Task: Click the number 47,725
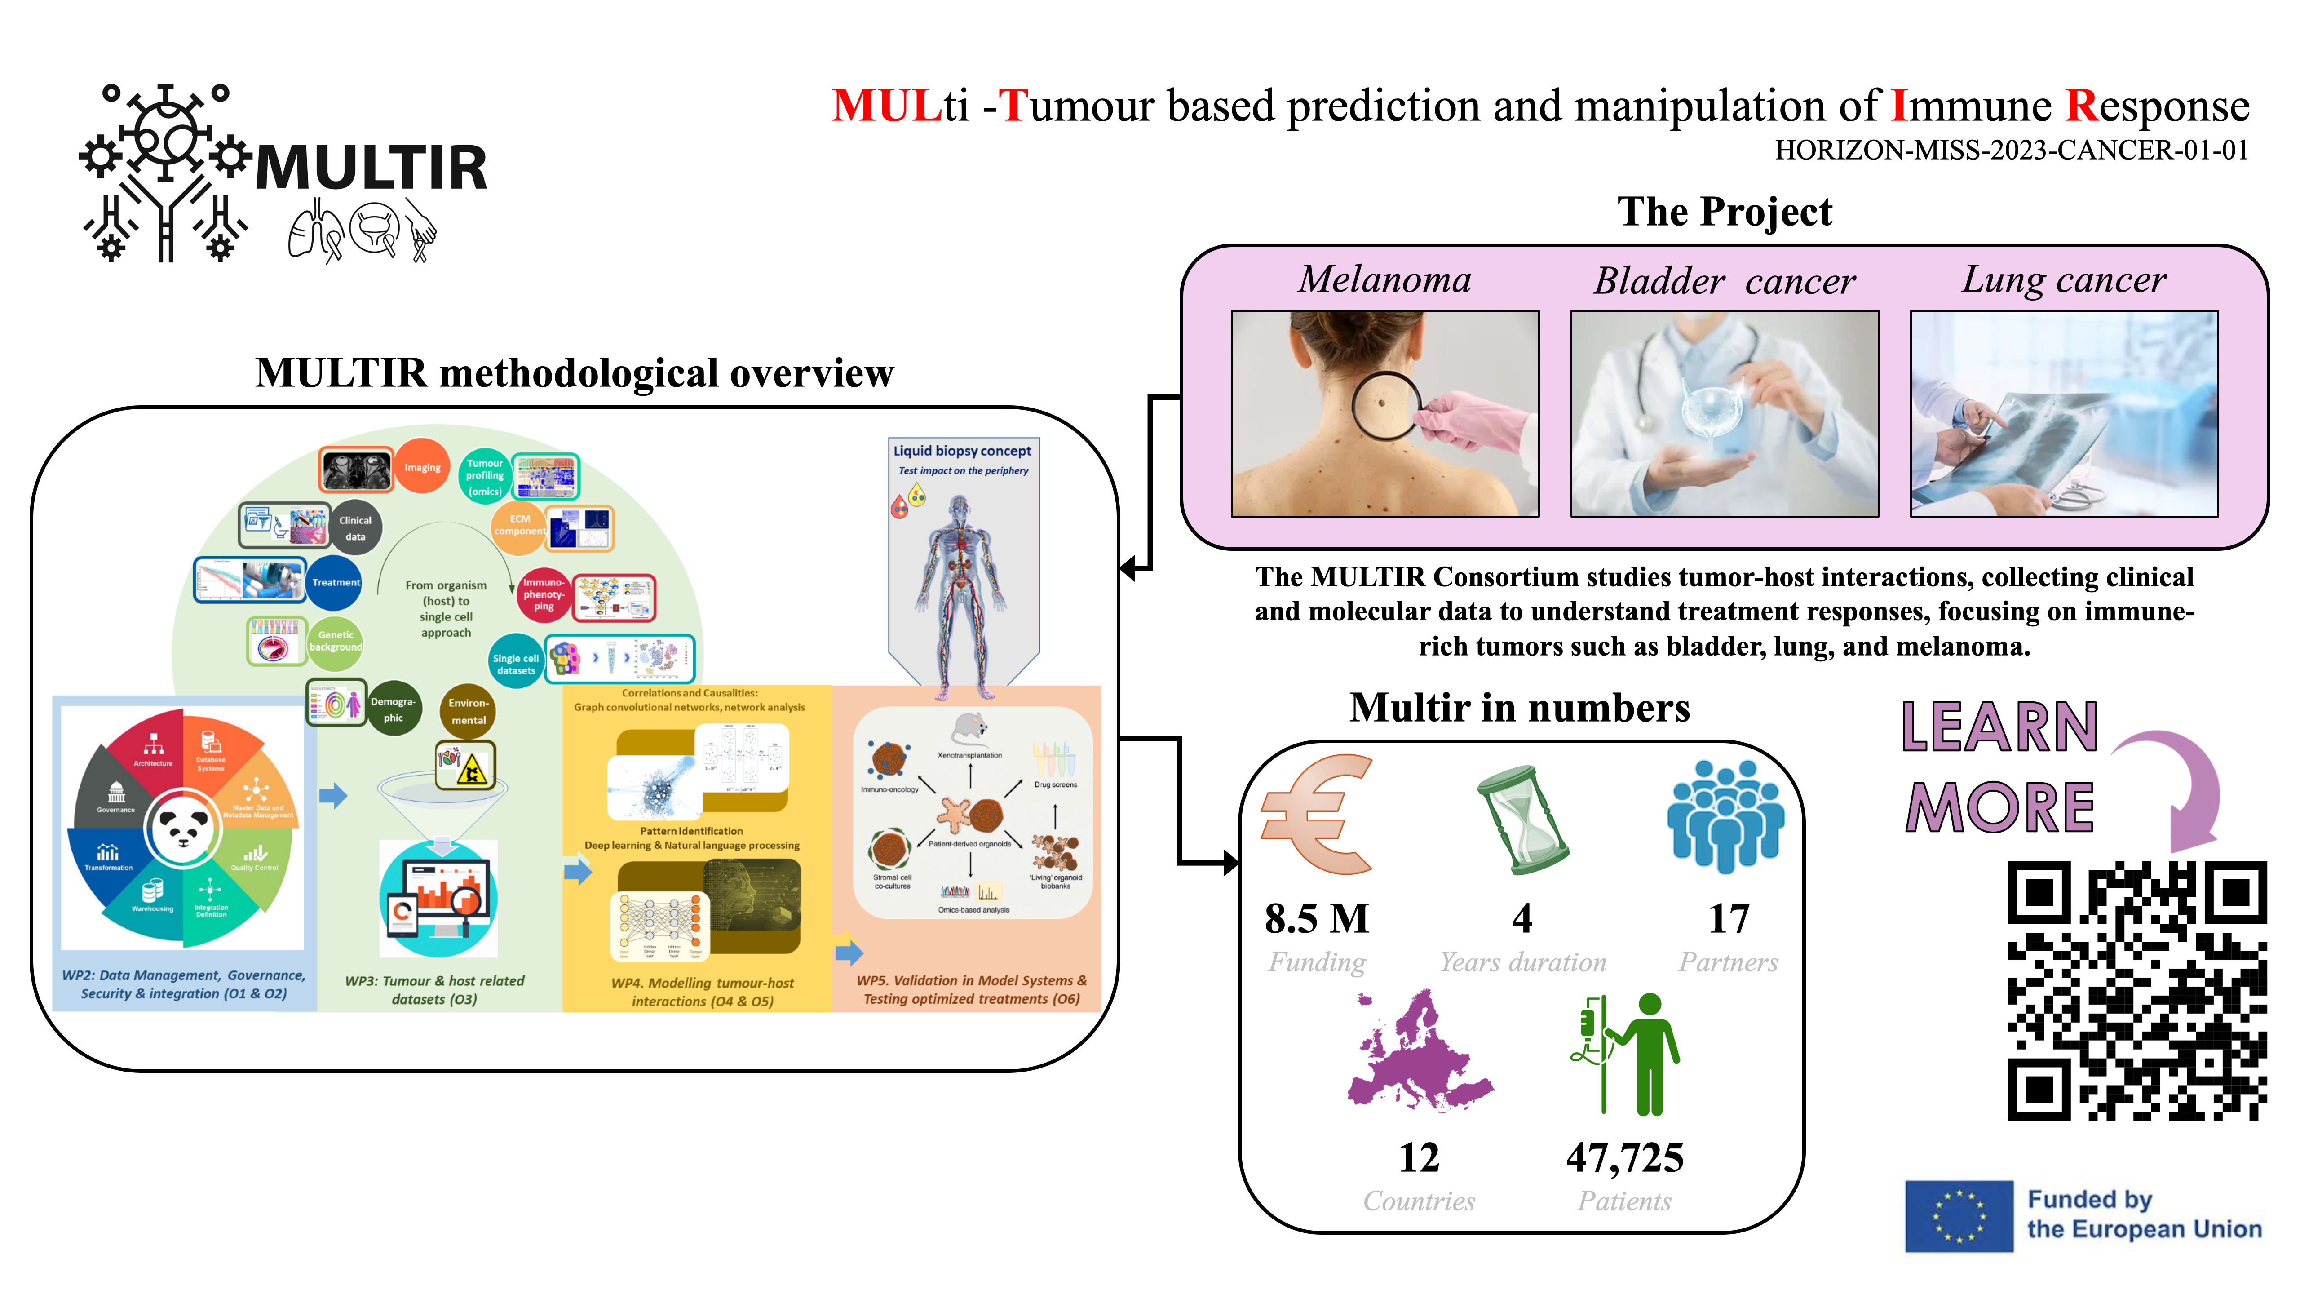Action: (x=1625, y=1158)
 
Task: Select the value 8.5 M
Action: (x=1317, y=919)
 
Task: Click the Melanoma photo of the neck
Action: (x=1385, y=413)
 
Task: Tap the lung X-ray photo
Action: (x=2063, y=413)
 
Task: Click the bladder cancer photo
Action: (x=1724, y=413)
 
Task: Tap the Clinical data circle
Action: (x=355, y=528)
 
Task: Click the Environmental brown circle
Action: (x=468, y=711)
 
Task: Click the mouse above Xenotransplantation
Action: (x=970, y=728)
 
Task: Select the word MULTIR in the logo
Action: (x=372, y=167)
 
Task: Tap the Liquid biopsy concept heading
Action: (x=963, y=451)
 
